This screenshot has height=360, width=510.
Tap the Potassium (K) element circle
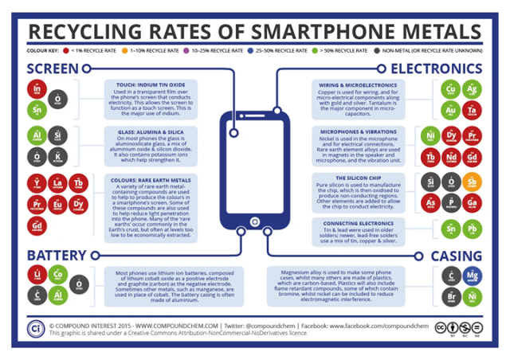[59, 154]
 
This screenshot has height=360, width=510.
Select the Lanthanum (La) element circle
[59, 186]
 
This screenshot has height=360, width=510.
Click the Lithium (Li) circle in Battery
[37, 275]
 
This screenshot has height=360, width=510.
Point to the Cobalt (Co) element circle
[59, 275]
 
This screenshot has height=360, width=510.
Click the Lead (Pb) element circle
[473, 232]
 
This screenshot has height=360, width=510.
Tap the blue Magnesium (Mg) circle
[473, 276]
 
